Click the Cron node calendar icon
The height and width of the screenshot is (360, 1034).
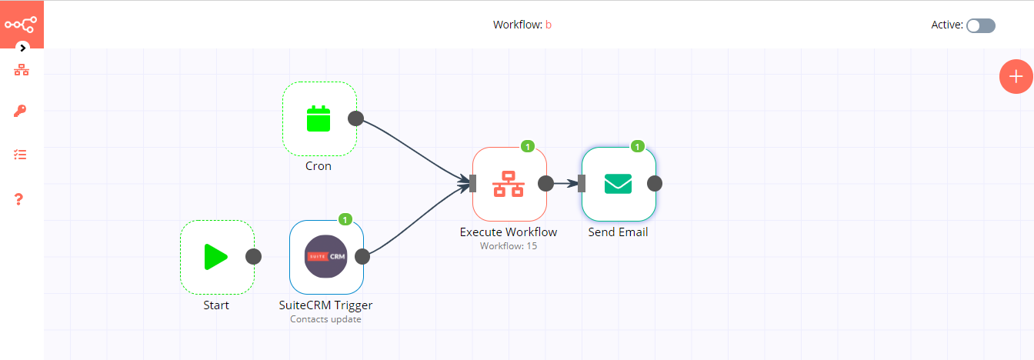point(319,119)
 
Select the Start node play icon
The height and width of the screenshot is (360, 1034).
point(216,257)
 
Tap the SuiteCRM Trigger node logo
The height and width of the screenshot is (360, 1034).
point(326,257)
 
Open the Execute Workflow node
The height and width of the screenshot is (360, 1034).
point(509,184)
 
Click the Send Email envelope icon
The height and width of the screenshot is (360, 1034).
point(618,184)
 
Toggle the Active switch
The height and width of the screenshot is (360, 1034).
point(981,25)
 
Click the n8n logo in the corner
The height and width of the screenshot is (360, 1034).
point(22,24)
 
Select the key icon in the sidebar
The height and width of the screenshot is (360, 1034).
point(21,112)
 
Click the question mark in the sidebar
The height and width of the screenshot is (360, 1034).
point(20,199)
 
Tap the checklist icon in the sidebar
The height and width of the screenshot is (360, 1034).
point(21,155)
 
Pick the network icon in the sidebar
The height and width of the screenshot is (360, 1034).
point(21,70)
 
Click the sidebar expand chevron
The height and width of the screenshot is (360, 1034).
point(23,48)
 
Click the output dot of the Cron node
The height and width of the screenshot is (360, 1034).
point(355,118)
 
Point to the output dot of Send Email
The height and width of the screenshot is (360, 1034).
point(655,183)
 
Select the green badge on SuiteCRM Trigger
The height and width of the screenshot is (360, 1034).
point(345,219)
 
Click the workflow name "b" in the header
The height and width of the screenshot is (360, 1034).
point(549,25)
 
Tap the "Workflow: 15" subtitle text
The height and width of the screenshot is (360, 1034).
point(509,246)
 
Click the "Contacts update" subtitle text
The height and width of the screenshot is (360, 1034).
point(325,319)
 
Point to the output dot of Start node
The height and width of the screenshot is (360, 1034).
point(253,257)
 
